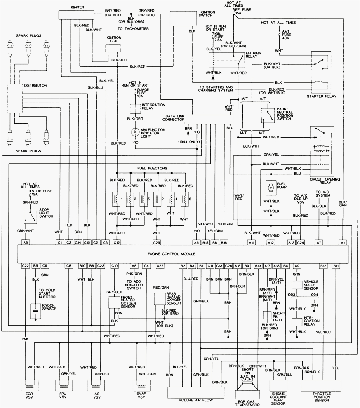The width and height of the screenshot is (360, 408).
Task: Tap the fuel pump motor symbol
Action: pyautogui.click(x=271, y=188)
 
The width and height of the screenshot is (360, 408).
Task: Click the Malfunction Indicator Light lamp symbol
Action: pyautogui.click(x=134, y=132)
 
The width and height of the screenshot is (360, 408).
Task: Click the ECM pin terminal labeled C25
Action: pyautogui.click(x=156, y=242)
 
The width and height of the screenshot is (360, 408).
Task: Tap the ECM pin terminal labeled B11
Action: pyautogui.click(x=336, y=266)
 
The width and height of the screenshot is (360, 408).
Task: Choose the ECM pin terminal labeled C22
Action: pyautogui.click(x=26, y=266)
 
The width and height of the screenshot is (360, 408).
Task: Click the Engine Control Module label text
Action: pyautogui.click(x=176, y=254)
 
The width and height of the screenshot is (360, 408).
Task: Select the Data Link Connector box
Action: pyautogui.click(x=209, y=120)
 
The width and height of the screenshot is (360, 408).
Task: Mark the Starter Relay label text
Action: pyautogui.click(x=322, y=96)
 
